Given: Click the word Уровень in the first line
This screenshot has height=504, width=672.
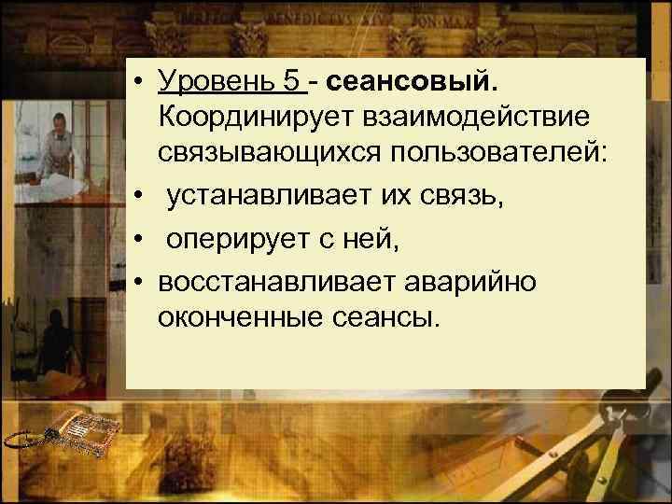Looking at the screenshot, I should click(214, 83).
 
